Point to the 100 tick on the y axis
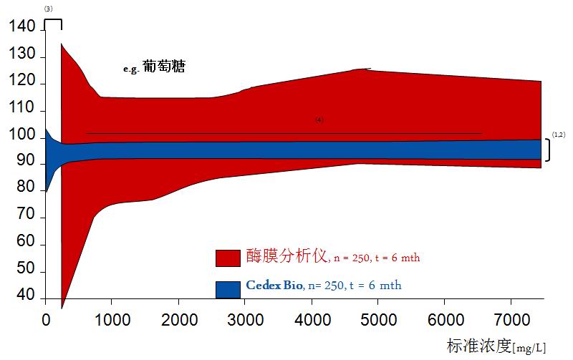21,135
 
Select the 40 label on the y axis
25,295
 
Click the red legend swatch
228,258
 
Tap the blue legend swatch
228,288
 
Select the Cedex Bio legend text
274,286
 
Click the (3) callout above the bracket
48,8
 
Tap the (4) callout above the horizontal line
319,120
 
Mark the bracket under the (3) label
53,22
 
